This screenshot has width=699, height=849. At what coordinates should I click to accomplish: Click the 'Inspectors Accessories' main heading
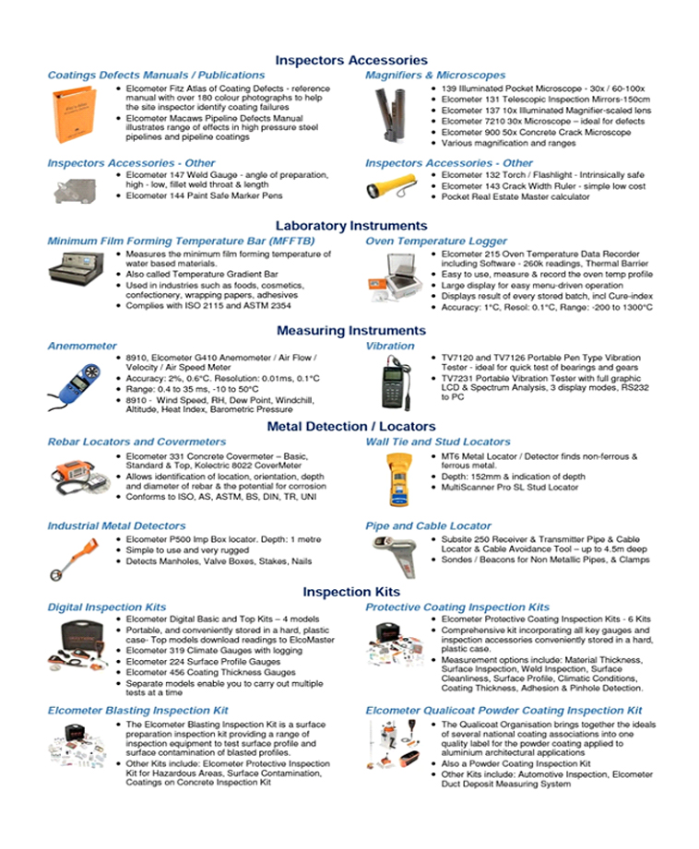coord(350,60)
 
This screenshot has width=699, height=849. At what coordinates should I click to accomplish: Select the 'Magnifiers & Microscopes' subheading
coord(434,75)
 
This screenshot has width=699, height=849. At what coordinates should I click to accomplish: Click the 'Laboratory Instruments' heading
coord(350,226)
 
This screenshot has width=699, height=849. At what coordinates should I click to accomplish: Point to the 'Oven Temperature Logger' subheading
coord(435,241)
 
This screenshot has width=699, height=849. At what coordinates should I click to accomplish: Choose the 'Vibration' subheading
coord(390,346)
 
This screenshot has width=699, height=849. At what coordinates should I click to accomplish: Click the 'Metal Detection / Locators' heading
coord(350,427)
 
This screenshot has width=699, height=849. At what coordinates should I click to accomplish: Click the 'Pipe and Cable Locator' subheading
coord(428,526)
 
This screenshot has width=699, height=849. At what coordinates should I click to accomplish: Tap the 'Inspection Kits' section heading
coord(350,592)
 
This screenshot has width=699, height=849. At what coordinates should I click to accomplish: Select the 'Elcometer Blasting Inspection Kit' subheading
coord(137,711)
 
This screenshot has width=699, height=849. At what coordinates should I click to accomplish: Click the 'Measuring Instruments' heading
coord(350,331)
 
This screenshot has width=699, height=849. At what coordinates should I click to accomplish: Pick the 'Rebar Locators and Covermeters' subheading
coord(124,442)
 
